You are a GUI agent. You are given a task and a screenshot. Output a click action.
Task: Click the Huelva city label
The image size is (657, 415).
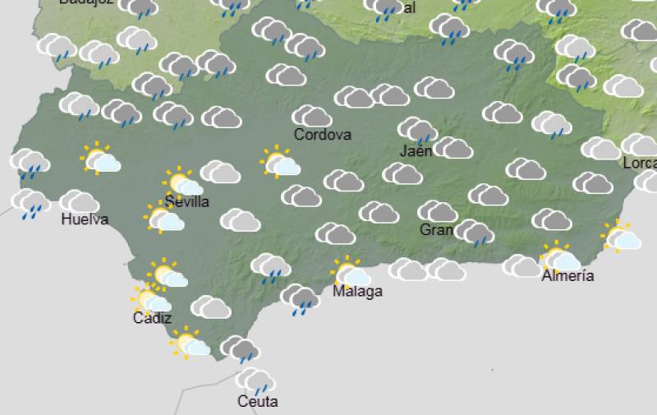85,219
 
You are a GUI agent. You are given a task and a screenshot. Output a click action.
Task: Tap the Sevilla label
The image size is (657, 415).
186,201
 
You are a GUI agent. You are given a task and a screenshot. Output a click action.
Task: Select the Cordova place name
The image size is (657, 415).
323,134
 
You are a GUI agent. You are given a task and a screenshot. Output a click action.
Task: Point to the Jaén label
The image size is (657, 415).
416,150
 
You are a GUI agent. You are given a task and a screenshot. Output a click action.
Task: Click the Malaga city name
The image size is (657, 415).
357,291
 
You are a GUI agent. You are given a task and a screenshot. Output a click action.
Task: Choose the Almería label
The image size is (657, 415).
567,275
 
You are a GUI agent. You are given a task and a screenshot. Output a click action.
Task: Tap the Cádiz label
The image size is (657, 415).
152,318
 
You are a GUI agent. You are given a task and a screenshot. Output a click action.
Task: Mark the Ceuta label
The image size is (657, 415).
257,401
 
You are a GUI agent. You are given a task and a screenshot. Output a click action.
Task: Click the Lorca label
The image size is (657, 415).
640,163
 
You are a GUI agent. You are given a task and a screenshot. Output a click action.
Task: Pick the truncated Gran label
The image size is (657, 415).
436,229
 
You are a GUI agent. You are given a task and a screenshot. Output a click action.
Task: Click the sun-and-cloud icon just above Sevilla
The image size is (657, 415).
181,182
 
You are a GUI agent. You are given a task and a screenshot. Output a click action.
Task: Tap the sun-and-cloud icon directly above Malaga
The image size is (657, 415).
352,272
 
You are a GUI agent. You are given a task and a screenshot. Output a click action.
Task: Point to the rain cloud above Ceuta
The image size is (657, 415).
255,380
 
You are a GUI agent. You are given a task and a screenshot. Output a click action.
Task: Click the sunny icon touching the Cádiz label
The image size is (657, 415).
153,300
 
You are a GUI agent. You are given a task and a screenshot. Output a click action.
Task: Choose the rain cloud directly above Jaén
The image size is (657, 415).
418,130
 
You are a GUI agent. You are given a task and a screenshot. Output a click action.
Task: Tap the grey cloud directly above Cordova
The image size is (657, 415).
312,116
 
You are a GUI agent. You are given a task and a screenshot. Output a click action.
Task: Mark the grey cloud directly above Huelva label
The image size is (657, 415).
79,201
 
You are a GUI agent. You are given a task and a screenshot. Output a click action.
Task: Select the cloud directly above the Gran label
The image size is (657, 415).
437,211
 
